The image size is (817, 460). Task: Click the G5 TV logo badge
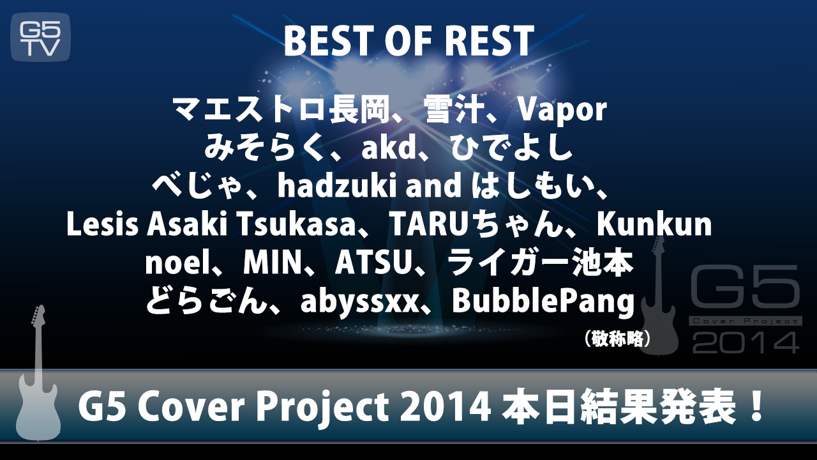coord(40,37)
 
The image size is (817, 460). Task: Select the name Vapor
coord(562,110)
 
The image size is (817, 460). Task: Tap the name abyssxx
coord(359,302)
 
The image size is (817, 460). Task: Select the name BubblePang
coord(543,302)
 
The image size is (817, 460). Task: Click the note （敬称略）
coord(617,339)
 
